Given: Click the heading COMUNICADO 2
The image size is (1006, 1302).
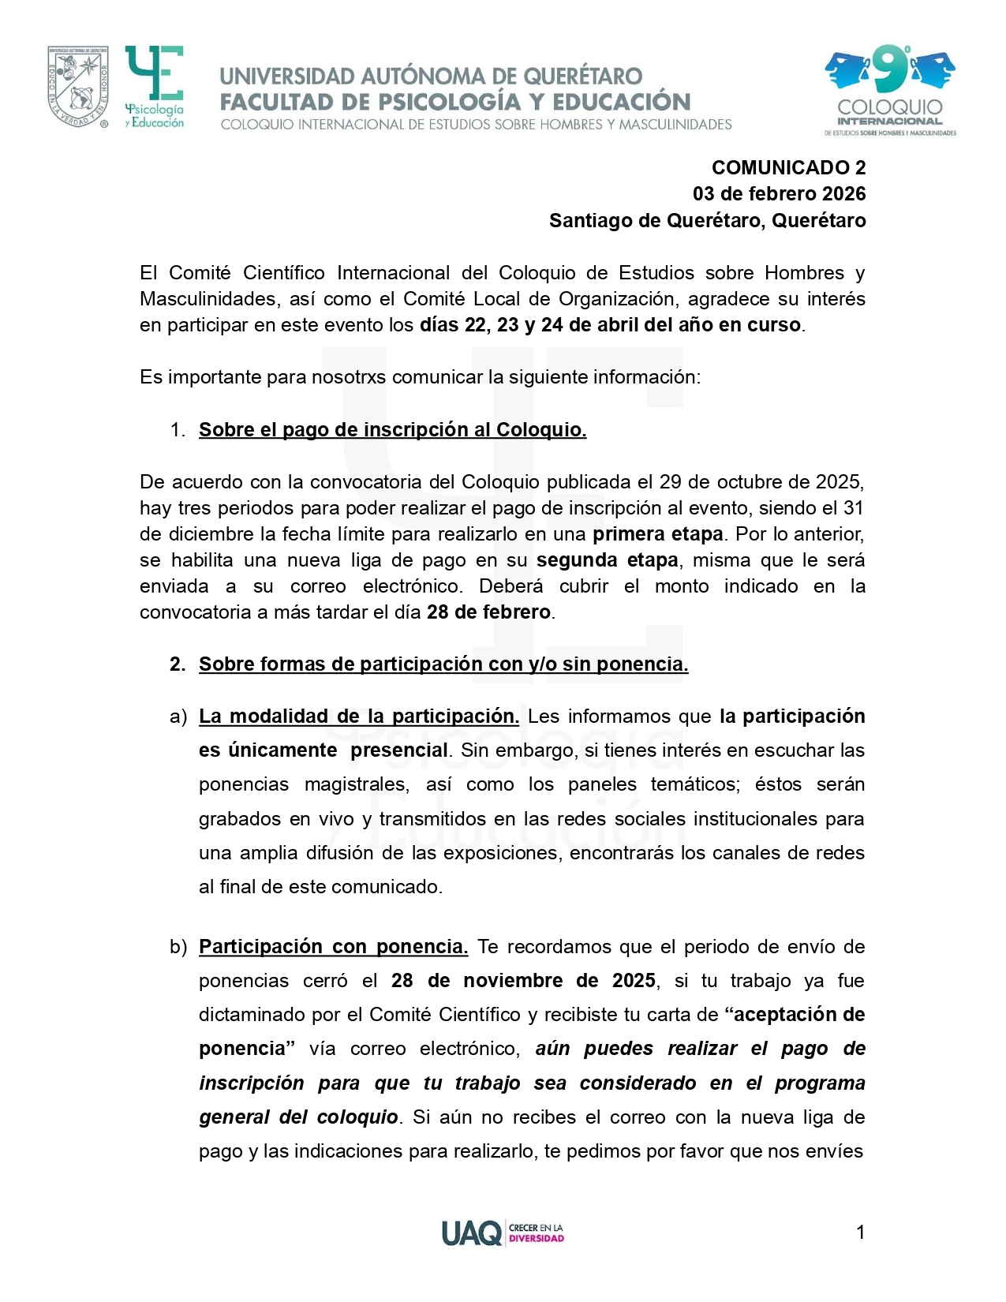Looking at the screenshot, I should pyautogui.click(x=788, y=167).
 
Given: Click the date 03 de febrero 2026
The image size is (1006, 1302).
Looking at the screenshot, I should pyautogui.click(x=779, y=194).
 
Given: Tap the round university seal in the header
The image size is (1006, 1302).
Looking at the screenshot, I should pyautogui.click(x=77, y=87).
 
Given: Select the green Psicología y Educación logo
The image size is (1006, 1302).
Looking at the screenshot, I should pyautogui.click(x=155, y=87).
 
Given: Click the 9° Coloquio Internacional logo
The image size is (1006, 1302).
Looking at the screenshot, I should pyautogui.click(x=889, y=90).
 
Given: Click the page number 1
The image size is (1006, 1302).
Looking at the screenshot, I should pyautogui.click(x=860, y=1232).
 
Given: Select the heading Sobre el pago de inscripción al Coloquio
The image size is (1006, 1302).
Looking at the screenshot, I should pyautogui.click(x=392, y=429).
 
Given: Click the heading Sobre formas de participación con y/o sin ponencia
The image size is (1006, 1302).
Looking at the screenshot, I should pyautogui.click(x=443, y=664).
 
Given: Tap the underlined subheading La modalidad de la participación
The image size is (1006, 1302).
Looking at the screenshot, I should pyautogui.click(x=358, y=716).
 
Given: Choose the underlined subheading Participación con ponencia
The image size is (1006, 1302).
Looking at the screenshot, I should pyautogui.click(x=333, y=946).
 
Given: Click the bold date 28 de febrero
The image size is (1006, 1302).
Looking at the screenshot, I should pyautogui.click(x=488, y=612).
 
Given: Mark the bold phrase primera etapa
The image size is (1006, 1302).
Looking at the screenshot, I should pyautogui.click(x=657, y=533).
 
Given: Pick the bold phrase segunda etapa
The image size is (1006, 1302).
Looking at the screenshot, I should pyautogui.click(x=607, y=559).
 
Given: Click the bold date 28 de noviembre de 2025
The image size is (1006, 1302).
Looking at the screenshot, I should pyautogui.click(x=523, y=980).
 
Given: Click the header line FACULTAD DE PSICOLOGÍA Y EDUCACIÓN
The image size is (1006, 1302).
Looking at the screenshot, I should pyautogui.click(x=454, y=102).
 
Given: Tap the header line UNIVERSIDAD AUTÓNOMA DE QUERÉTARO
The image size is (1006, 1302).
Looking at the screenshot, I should pyautogui.click(x=431, y=77).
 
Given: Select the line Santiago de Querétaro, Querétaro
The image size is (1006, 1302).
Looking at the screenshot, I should pyautogui.click(x=707, y=220).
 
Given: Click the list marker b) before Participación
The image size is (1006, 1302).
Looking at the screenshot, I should pyautogui.click(x=178, y=946).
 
